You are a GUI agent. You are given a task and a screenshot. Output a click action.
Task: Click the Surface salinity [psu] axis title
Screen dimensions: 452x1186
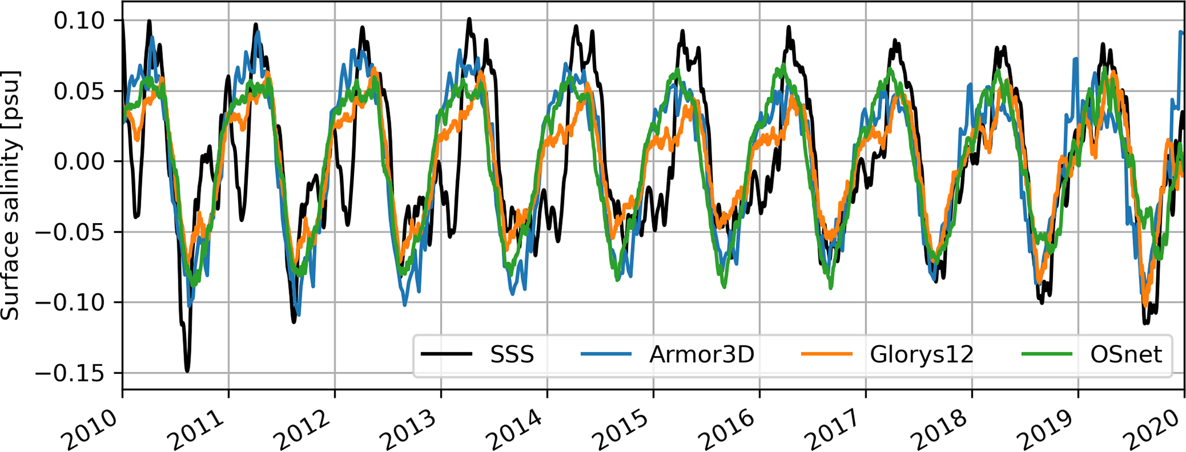click(10, 195)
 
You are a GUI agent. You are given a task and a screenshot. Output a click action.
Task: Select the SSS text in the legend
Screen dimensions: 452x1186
click(512, 354)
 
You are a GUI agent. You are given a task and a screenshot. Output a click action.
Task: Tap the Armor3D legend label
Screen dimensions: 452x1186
click(701, 354)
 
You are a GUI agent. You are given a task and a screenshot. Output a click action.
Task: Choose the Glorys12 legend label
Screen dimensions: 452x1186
click(921, 354)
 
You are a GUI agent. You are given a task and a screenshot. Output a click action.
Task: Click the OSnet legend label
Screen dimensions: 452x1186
click(1126, 354)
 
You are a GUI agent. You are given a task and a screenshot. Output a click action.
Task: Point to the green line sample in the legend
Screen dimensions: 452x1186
click(1047, 354)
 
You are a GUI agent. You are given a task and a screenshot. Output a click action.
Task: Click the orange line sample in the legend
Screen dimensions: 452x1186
click(826, 354)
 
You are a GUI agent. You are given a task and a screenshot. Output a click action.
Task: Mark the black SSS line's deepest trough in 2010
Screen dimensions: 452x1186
click(187, 371)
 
